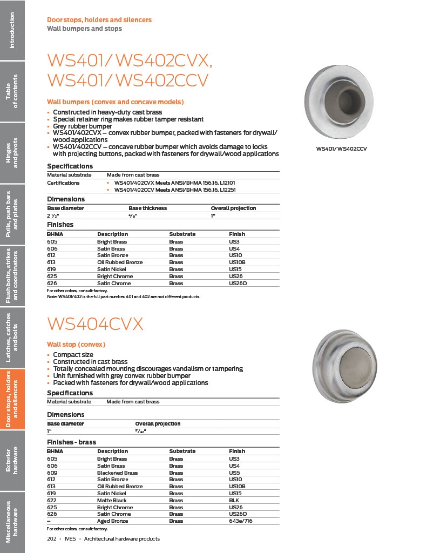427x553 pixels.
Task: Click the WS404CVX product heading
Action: [x=95, y=324]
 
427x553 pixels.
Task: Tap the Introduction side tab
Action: [x=12, y=30]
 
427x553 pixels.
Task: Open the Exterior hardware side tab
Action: [x=12, y=460]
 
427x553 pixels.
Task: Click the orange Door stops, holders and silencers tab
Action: [x=12, y=399]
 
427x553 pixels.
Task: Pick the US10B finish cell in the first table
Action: [x=237, y=262]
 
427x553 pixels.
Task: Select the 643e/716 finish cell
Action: [x=241, y=521]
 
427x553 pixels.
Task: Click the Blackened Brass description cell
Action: [x=117, y=473]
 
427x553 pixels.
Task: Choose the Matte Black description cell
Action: [x=112, y=501]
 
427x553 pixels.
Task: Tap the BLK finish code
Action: [x=234, y=501]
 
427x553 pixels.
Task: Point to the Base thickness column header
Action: [x=147, y=208]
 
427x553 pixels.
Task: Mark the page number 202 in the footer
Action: [x=52, y=539]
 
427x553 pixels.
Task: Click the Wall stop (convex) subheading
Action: [x=76, y=344]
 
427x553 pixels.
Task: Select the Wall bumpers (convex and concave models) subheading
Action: [x=115, y=102]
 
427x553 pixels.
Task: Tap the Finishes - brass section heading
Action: [x=71, y=442]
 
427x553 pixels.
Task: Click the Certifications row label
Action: [x=63, y=183]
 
